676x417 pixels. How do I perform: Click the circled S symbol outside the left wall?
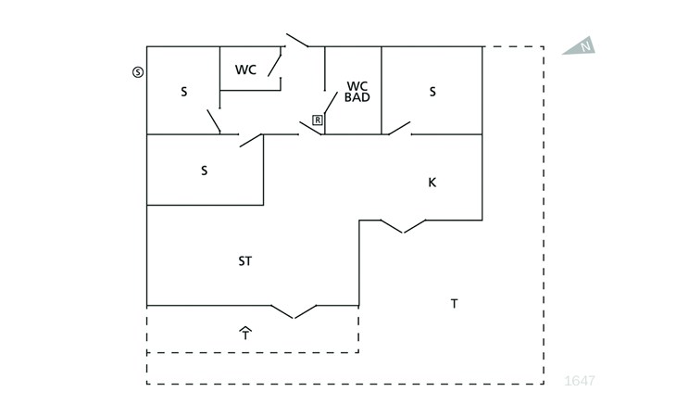(x=138, y=72)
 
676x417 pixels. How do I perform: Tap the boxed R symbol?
(x=318, y=120)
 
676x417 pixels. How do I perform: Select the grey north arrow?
(x=579, y=45)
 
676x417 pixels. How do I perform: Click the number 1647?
(x=580, y=381)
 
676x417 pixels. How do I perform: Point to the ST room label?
(x=244, y=261)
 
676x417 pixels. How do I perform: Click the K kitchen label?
(x=432, y=183)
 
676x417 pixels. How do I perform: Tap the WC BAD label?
(x=357, y=92)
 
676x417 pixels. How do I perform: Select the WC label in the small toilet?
(x=245, y=69)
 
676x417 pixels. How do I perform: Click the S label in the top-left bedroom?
(x=184, y=92)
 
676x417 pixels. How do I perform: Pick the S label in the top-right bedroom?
(x=432, y=92)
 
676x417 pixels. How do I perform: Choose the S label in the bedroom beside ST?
(x=205, y=171)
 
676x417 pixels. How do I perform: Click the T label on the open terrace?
(x=454, y=304)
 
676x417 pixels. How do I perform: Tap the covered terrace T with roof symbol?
(x=245, y=334)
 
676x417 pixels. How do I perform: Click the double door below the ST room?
(x=294, y=311)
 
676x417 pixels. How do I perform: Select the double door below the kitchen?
(x=403, y=226)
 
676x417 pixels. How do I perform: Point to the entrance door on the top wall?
(x=297, y=40)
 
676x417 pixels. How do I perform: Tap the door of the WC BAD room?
(x=331, y=103)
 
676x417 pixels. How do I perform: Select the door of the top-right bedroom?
(x=399, y=129)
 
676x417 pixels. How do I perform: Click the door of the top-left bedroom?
(x=214, y=121)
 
